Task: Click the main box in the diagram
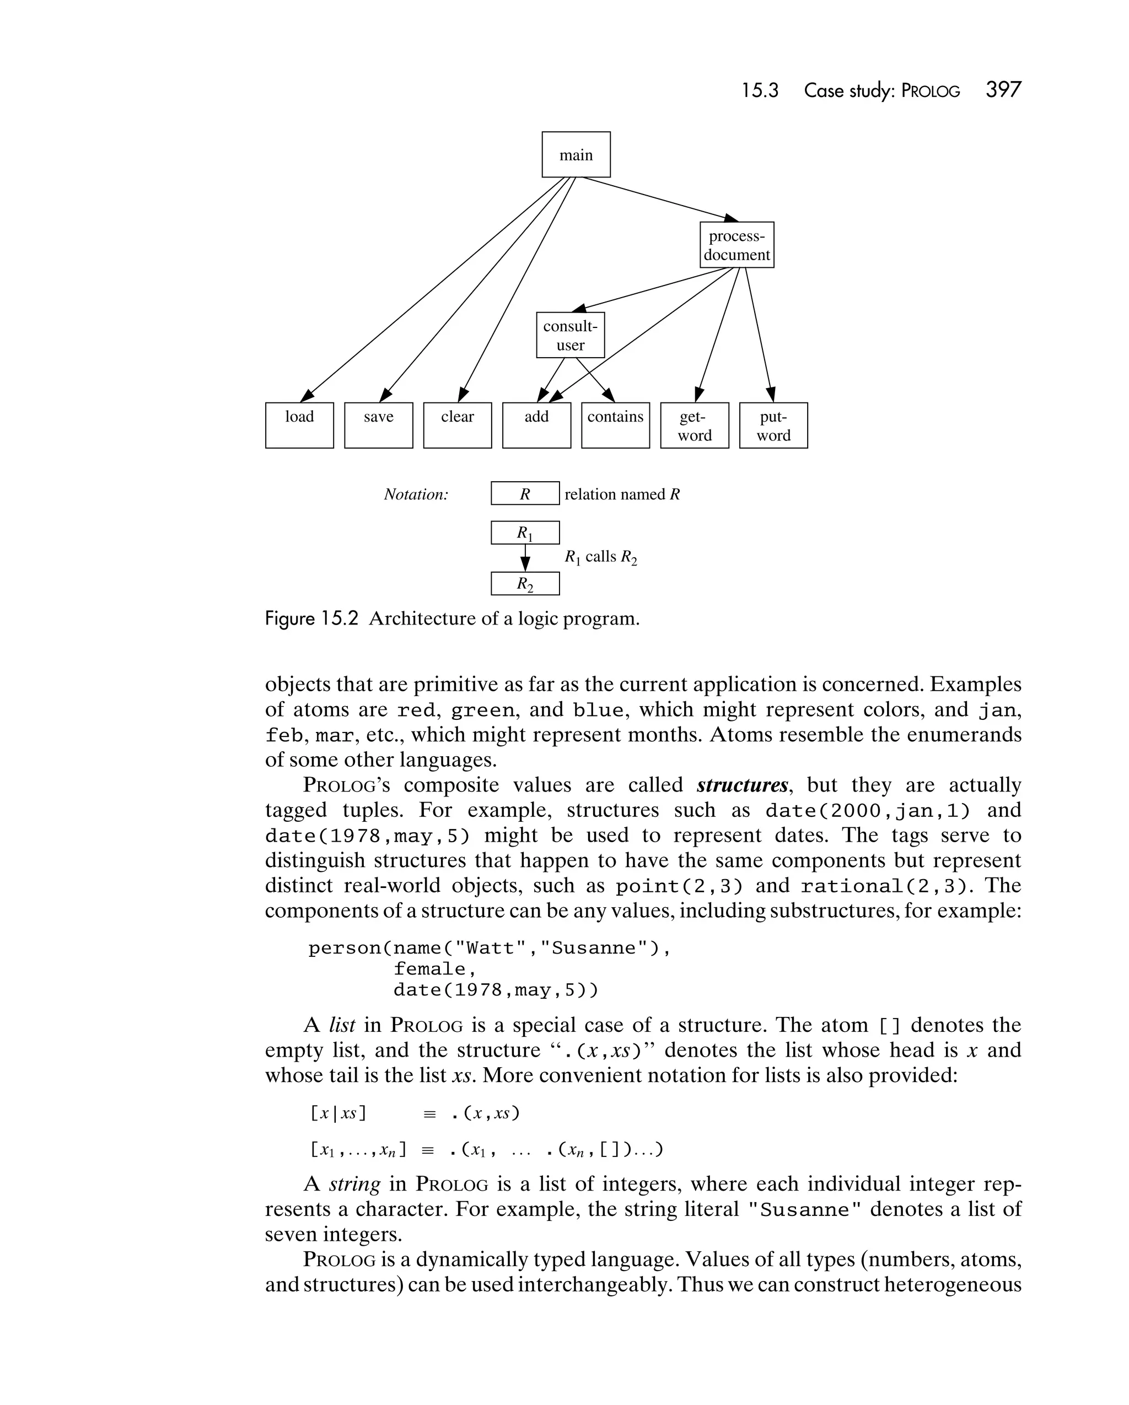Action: pos(576,154)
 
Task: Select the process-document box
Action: pos(736,245)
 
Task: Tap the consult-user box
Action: pos(571,335)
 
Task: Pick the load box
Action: pos(299,425)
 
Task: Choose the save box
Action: pos(378,425)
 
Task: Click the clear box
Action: pos(457,425)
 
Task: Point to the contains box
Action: pos(615,425)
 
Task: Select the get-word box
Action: pos(694,425)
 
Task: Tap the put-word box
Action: pos(773,425)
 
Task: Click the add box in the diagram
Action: pos(536,425)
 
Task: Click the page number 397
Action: pos(1003,89)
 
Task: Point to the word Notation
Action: pos(416,494)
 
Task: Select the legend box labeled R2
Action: pos(525,583)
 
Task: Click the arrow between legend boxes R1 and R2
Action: pos(525,558)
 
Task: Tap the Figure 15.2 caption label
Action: pos(311,618)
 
